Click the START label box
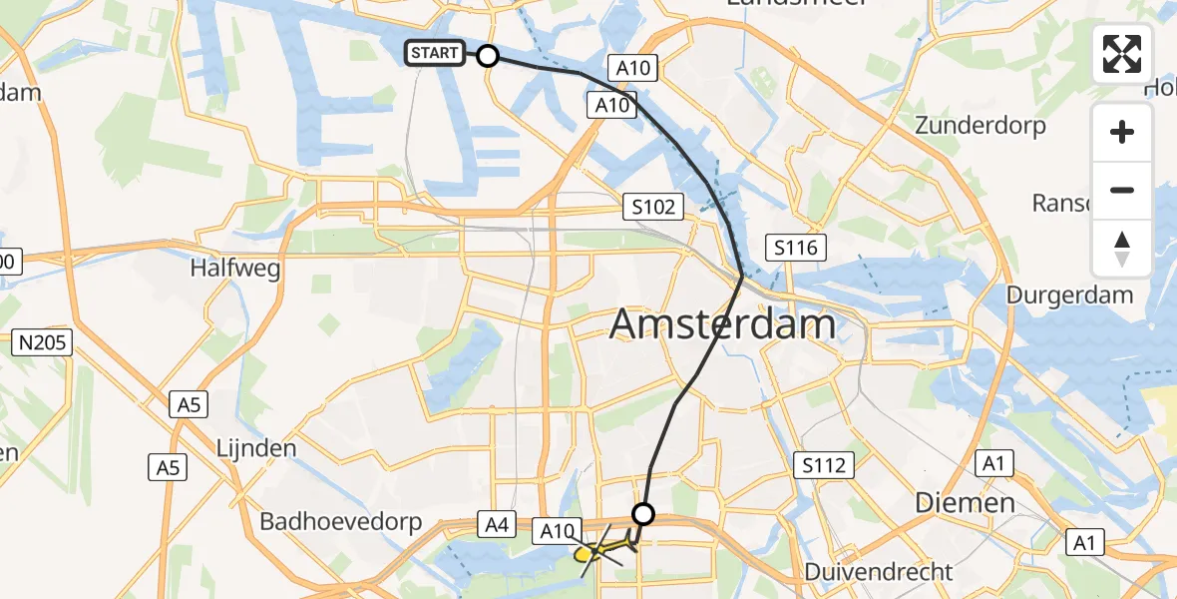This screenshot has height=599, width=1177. click(435, 53)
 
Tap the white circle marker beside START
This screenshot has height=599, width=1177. click(488, 56)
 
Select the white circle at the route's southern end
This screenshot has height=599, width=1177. click(643, 514)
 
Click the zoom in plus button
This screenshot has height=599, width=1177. click(1122, 132)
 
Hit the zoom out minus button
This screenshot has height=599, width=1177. click(1122, 190)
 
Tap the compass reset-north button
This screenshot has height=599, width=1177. click(1122, 248)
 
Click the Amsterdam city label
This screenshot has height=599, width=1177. click(722, 324)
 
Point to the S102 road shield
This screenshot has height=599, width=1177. click(653, 208)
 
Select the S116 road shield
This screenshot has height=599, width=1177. click(795, 248)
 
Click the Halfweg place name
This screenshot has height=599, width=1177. click(235, 269)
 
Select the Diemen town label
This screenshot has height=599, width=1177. click(966, 502)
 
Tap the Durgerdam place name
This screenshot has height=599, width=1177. click(1069, 295)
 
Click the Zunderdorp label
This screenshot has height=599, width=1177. click(981, 126)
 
